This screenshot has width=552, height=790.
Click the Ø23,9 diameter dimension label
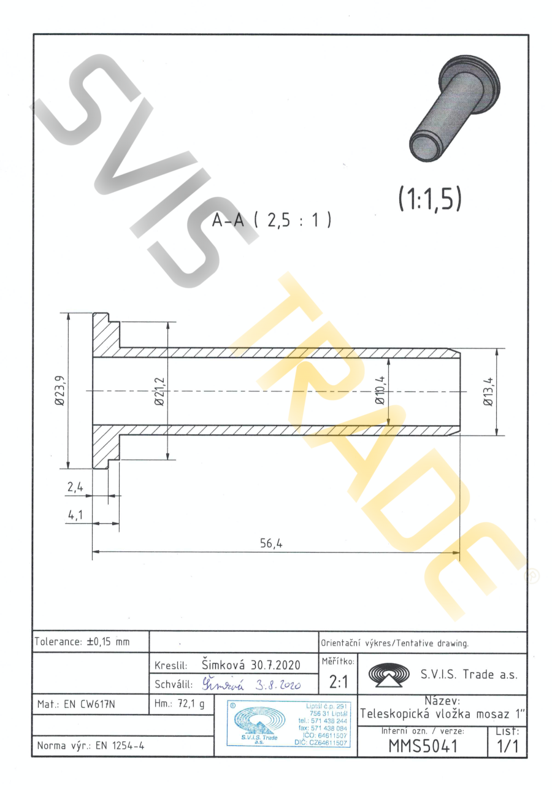pyautogui.click(x=60, y=391)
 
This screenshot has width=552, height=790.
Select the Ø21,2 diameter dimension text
pyautogui.click(x=160, y=391)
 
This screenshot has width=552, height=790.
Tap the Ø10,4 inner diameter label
pyautogui.click(x=380, y=390)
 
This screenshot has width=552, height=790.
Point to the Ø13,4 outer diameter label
pyautogui.click(x=488, y=391)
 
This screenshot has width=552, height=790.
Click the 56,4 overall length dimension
pyautogui.click(x=271, y=543)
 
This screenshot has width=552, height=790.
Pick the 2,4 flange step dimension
pyautogui.click(x=75, y=487)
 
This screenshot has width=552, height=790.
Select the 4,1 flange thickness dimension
pyautogui.click(x=75, y=515)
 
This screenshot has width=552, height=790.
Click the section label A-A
pyautogui.click(x=228, y=220)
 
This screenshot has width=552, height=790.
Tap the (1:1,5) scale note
pyautogui.click(x=430, y=198)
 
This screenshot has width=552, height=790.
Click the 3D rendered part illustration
pyautogui.click(x=455, y=108)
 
